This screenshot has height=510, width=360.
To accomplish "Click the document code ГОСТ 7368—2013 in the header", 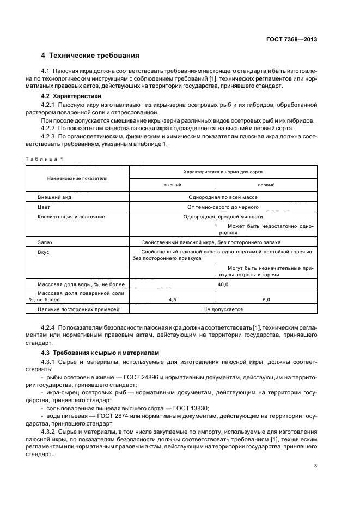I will coord(292,39).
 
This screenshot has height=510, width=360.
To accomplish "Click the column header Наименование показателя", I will coord(77,178).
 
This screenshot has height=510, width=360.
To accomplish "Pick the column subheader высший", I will coord(172,185).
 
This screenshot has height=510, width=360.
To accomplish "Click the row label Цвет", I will coord(44,207).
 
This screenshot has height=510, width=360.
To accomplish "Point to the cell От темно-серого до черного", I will coord(222,207).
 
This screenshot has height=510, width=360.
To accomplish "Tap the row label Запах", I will coord(46,241).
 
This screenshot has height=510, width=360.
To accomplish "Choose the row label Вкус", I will coord(43,252).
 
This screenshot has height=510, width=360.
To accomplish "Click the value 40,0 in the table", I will coord(223,284).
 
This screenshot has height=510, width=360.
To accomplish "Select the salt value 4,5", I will coord(172,300).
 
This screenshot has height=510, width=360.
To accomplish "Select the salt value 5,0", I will coord(266,300).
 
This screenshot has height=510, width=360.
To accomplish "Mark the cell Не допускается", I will coord(223,309).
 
